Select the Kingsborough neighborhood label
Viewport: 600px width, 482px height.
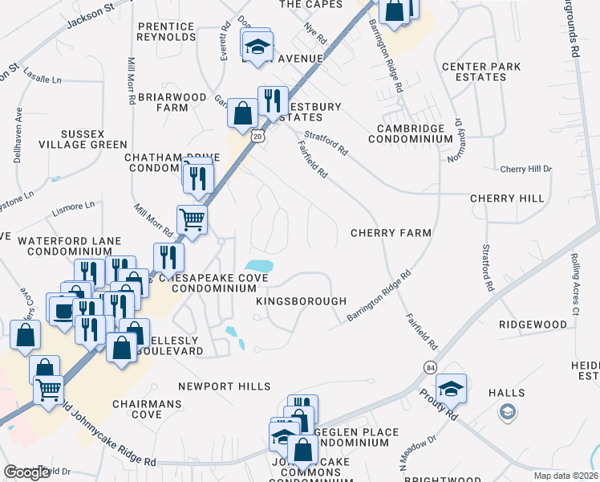tap(301, 300)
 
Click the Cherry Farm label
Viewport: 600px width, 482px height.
tap(391, 233)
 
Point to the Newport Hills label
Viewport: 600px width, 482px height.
tap(225, 386)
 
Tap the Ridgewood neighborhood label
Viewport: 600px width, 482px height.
tap(533, 325)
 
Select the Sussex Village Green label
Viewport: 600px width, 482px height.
tap(83, 138)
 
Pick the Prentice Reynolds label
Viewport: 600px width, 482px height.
tap(166, 31)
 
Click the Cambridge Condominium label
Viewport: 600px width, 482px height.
tap(411, 133)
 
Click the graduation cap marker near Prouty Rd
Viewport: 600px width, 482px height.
tap(452, 388)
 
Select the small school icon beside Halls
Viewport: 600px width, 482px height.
tap(506, 412)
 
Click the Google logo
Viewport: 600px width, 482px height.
tap(26, 472)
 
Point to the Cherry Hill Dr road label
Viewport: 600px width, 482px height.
tap(525, 169)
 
